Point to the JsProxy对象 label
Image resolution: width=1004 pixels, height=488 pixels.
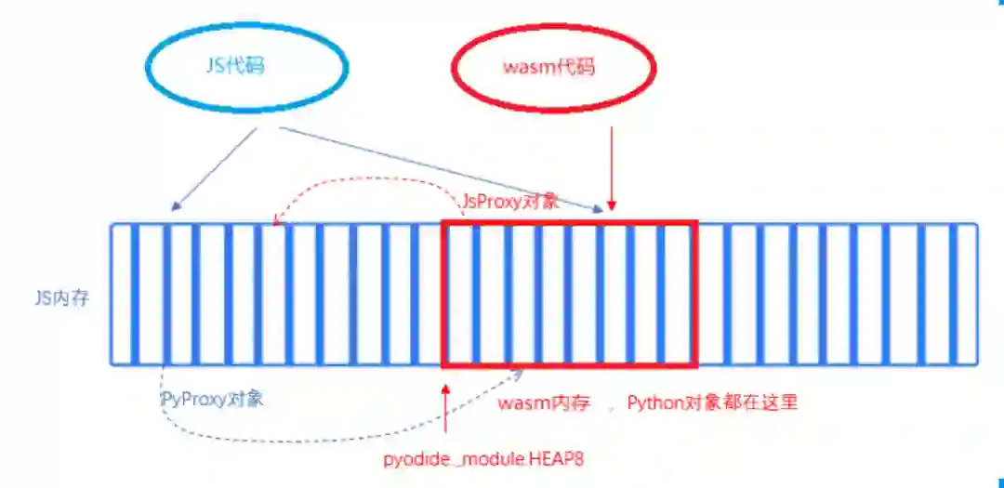tap(509, 201)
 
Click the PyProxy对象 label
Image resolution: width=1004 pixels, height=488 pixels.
tap(213, 399)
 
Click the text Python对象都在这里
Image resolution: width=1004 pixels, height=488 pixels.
tap(712, 403)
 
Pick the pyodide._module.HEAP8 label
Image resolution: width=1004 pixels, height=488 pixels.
tap(482, 459)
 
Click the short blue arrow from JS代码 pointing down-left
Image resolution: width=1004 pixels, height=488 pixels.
tap(214, 167)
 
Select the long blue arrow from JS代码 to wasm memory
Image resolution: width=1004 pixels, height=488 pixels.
tap(437, 167)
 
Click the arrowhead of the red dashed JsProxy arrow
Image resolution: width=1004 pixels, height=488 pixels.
tap(276, 221)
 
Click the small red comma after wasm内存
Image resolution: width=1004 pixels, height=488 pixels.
tap(611, 409)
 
